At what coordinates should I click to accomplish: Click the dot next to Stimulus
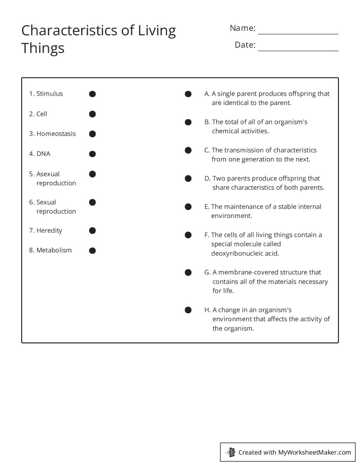click(92, 94)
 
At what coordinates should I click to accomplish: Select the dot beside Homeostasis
click(92, 134)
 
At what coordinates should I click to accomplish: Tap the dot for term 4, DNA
click(92, 154)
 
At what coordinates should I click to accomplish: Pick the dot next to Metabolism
click(92, 251)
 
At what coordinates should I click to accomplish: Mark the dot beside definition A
click(188, 94)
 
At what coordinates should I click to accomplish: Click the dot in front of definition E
click(188, 207)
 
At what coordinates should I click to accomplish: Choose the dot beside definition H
click(188, 310)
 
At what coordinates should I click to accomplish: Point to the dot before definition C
click(188, 150)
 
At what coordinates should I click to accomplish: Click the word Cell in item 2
click(42, 114)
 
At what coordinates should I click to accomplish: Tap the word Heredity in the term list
click(49, 230)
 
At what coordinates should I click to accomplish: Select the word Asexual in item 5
click(48, 174)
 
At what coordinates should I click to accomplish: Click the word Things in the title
click(43, 48)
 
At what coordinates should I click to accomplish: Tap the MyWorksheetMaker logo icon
click(231, 452)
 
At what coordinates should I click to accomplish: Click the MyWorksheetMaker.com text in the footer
click(315, 452)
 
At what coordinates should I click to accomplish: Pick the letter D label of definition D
click(207, 178)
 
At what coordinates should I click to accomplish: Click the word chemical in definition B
click(225, 131)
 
